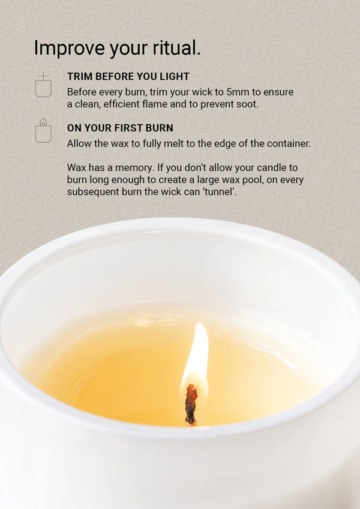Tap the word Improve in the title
pos(69,49)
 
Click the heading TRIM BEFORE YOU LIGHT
pos(128,77)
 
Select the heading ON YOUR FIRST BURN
pos(120,128)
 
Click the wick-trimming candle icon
pos(43,85)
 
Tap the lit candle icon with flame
pos(43,130)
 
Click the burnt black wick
pos(191,405)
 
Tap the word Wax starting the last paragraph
pos(77,168)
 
